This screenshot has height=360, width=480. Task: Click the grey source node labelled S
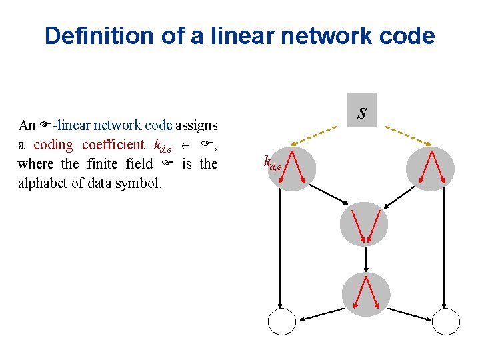point(362,111)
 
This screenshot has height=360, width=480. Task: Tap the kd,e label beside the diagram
point(273,161)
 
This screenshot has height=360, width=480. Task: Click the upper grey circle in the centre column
point(364,225)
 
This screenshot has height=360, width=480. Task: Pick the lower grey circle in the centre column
point(364,294)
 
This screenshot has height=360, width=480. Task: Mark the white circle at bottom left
point(281,322)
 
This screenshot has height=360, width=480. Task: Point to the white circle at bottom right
point(446,322)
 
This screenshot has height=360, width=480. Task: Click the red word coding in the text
point(53,145)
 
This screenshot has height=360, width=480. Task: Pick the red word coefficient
point(113,145)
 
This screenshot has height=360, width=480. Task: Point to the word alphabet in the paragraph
point(44,182)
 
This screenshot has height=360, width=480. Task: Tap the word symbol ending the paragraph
point(140,182)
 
